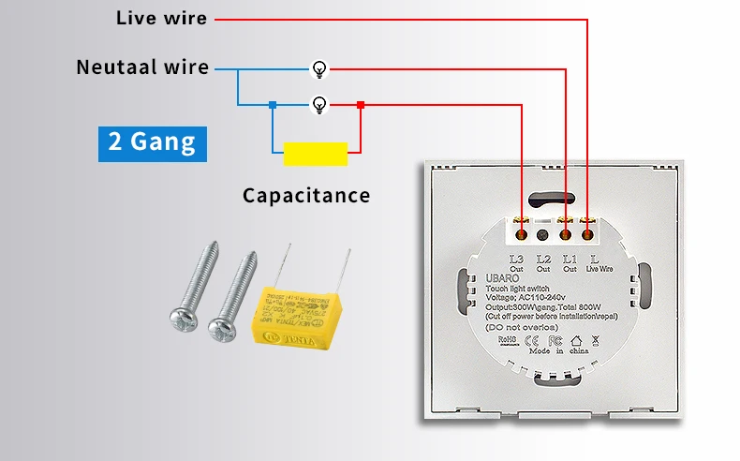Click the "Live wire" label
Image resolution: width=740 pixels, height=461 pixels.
coord(161,18)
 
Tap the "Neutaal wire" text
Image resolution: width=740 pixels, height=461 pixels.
coord(142,67)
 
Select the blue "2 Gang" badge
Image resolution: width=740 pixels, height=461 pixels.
coord(152,142)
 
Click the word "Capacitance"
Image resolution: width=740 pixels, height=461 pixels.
coord(306,196)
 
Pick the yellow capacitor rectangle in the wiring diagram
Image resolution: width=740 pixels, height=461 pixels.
coord(316,154)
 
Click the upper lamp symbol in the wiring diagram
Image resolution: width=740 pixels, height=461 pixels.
coord(320,68)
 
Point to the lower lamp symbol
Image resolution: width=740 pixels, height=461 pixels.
coord(320,104)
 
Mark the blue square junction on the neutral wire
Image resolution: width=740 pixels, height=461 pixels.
coord(272,105)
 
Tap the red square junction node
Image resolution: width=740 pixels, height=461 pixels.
coord(361,105)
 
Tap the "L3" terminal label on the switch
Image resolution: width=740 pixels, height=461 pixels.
coord(517,259)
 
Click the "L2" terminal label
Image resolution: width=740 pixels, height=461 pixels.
coord(542,259)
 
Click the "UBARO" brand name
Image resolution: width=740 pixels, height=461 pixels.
coord(500,278)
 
